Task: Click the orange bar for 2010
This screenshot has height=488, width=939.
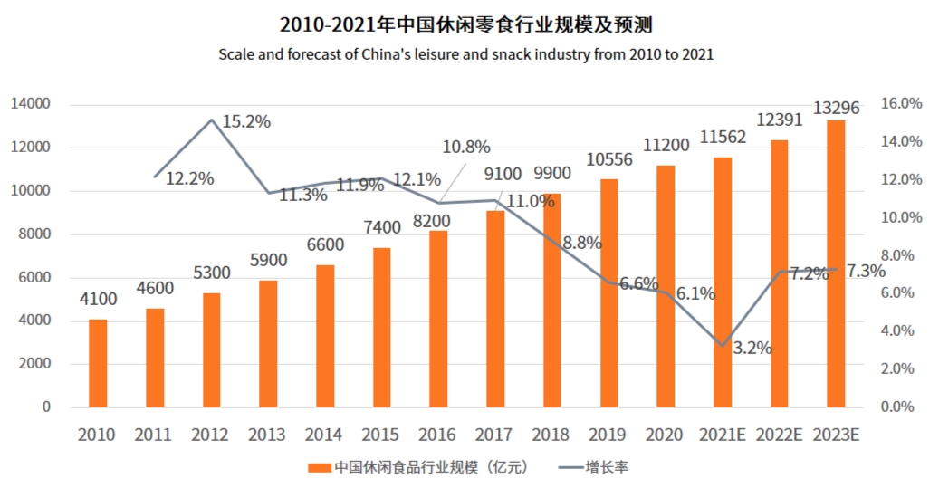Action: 98,363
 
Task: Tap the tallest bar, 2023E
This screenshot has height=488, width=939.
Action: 836,263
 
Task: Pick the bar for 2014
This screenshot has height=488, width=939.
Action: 325,336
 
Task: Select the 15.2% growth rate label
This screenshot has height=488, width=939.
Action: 245,121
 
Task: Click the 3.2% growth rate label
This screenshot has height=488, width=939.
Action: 752,347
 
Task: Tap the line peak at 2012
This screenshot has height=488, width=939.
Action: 212,120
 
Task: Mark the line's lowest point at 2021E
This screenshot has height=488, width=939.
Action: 723,346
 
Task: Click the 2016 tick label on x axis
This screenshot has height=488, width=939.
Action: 437,435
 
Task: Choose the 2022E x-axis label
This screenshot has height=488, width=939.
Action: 779,435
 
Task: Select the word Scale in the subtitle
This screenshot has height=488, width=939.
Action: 236,54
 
